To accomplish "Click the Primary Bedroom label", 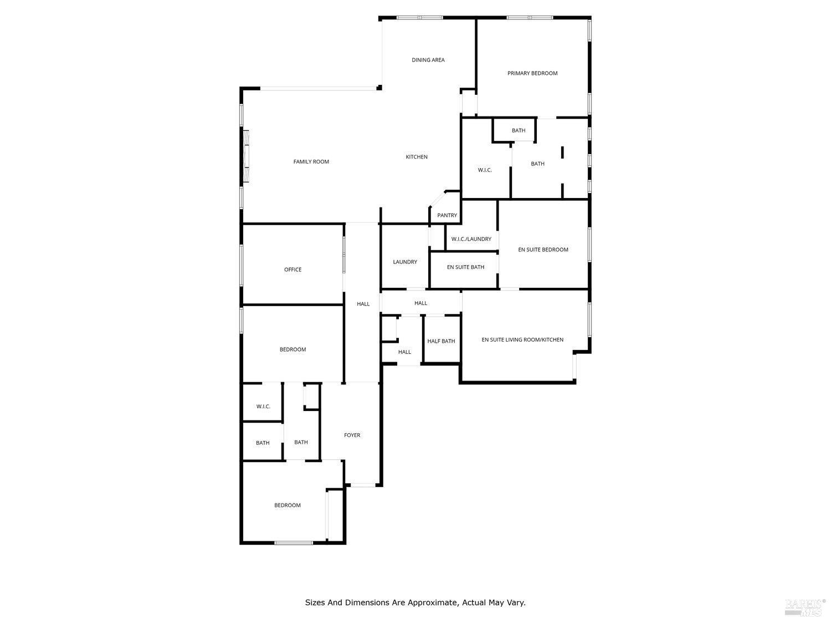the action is click(x=532, y=73).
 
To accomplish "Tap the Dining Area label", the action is click(x=428, y=60).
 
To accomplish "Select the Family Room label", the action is click(x=311, y=161).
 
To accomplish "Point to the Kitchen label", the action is click(x=417, y=157).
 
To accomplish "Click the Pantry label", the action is click(x=447, y=215).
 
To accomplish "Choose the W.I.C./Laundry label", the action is click(x=471, y=239).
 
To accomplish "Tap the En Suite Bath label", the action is click(x=465, y=267).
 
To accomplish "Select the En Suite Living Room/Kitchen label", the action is click(x=522, y=340).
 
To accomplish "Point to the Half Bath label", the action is click(x=440, y=341).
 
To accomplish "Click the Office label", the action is click(x=293, y=270).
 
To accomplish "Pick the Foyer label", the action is click(x=352, y=435).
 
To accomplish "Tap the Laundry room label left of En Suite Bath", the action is click(x=405, y=262).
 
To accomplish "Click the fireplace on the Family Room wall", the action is click(x=246, y=156).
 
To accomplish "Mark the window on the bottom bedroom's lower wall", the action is click(x=294, y=543).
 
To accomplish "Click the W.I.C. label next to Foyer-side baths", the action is click(x=263, y=407).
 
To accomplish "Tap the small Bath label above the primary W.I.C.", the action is click(x=519, y=130).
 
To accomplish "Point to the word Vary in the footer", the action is click(x=517, y=603).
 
